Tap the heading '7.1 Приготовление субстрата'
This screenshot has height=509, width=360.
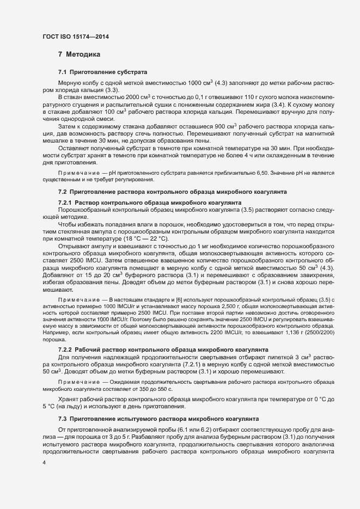click(102, 72)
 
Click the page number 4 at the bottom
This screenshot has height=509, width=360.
click(44, 463)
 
